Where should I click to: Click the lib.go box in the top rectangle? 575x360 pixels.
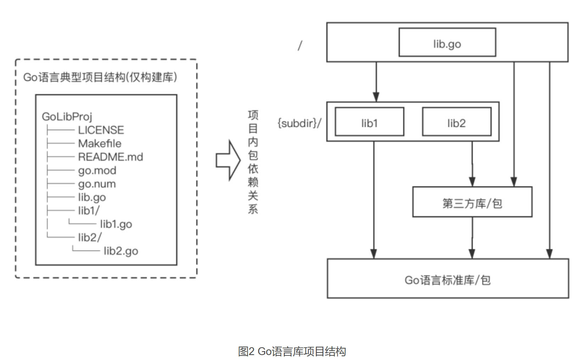[x=447, y=43]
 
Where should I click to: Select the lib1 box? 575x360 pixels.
[x=369, y=122]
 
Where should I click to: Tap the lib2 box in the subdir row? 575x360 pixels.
[x=457, y=122]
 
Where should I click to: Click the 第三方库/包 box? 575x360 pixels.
[x=472, y=202]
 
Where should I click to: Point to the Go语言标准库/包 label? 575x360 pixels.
[x=447, y=280]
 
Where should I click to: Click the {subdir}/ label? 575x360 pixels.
[x=299, y=123]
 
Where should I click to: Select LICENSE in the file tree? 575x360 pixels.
[x=101, y=130]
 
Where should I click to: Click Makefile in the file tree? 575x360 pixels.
[x=100, y=144]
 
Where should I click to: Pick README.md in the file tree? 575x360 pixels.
[x=111, y=157]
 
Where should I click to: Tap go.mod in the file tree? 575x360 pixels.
[x=97, y=170]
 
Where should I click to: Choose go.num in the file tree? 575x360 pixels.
[x=97, y=184]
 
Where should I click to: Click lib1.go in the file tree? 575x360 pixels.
[x=116, y=224]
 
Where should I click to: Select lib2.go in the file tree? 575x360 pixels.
[x=121, y=251]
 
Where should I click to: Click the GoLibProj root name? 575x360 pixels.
[x=67, y=116]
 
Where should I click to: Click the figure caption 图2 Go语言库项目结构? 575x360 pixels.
[x=292, y=351]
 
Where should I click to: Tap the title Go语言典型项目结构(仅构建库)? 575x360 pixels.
[x=100, y=77]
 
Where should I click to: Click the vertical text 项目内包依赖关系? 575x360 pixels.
[x=253, y=162]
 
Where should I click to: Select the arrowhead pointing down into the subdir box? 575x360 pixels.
[x=376, y=97]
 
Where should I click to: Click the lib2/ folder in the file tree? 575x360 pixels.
[x=90, y=237]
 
